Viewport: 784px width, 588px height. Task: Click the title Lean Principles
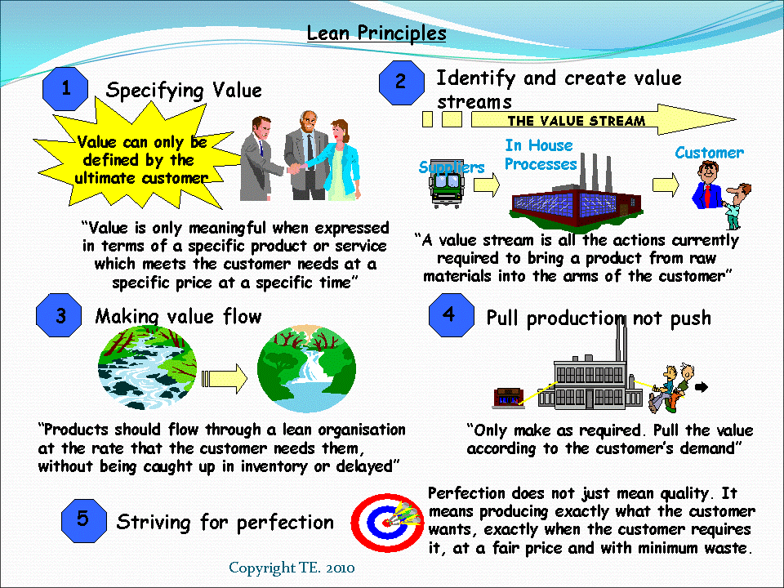376,33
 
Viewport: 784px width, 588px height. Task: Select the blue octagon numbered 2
401,82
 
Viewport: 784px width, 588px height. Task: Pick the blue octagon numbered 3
60,317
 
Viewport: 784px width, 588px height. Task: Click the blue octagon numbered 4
450,315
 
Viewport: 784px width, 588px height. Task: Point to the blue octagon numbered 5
84,519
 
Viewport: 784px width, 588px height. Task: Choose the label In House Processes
540,155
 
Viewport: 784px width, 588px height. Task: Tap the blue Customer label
709,153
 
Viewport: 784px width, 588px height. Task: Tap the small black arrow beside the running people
702,388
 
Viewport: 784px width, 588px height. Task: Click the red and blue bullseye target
376,520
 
